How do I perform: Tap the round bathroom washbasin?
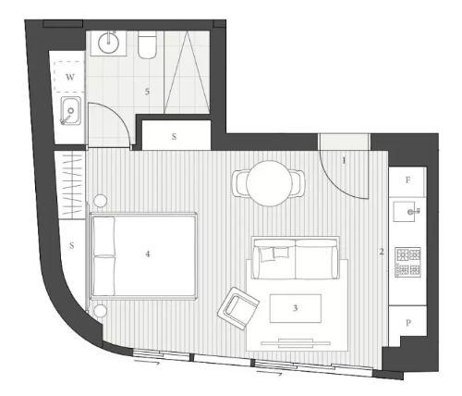(x=108, y=43)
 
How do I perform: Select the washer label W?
(x=70, y=77)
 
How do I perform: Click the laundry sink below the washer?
(x=71, y=110)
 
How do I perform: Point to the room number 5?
(x=147, y=92)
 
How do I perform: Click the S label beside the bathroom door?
(x=174, y=136)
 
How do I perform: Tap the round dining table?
(x=269, y=183)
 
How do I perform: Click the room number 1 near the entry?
(x=345, y=161)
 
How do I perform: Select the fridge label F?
(x=407, y=180)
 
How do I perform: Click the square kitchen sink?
(x=405, y=212)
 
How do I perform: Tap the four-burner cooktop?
(x=408, y=262)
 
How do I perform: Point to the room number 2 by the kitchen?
(x=382, y=252)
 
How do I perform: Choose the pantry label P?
(x=408, y=323)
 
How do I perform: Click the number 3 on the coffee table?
(x=296, y=308)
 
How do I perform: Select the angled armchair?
(x=237, y=308)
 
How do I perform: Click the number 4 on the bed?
(x=148, y=254)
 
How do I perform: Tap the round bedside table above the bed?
(x=100, y=201)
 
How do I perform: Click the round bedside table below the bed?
(x=100, y=310)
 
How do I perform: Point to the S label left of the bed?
(x=72, y=245)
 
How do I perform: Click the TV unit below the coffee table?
(x=296, y=342)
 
